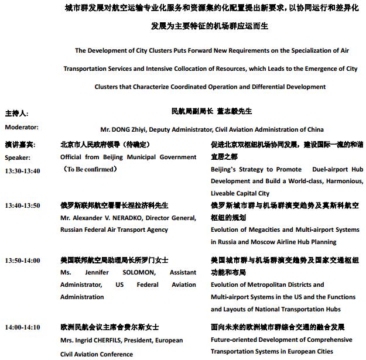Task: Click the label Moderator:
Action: [x=22, y=127]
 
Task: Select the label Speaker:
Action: [x=18, y=157]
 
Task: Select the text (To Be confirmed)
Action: [x=90, y=170]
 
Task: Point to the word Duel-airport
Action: [x=321, y=169]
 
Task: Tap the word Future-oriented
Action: [x=234, y=340]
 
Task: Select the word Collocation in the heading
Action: [x=195, y=68]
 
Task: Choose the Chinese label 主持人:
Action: [x=16, y=114]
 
